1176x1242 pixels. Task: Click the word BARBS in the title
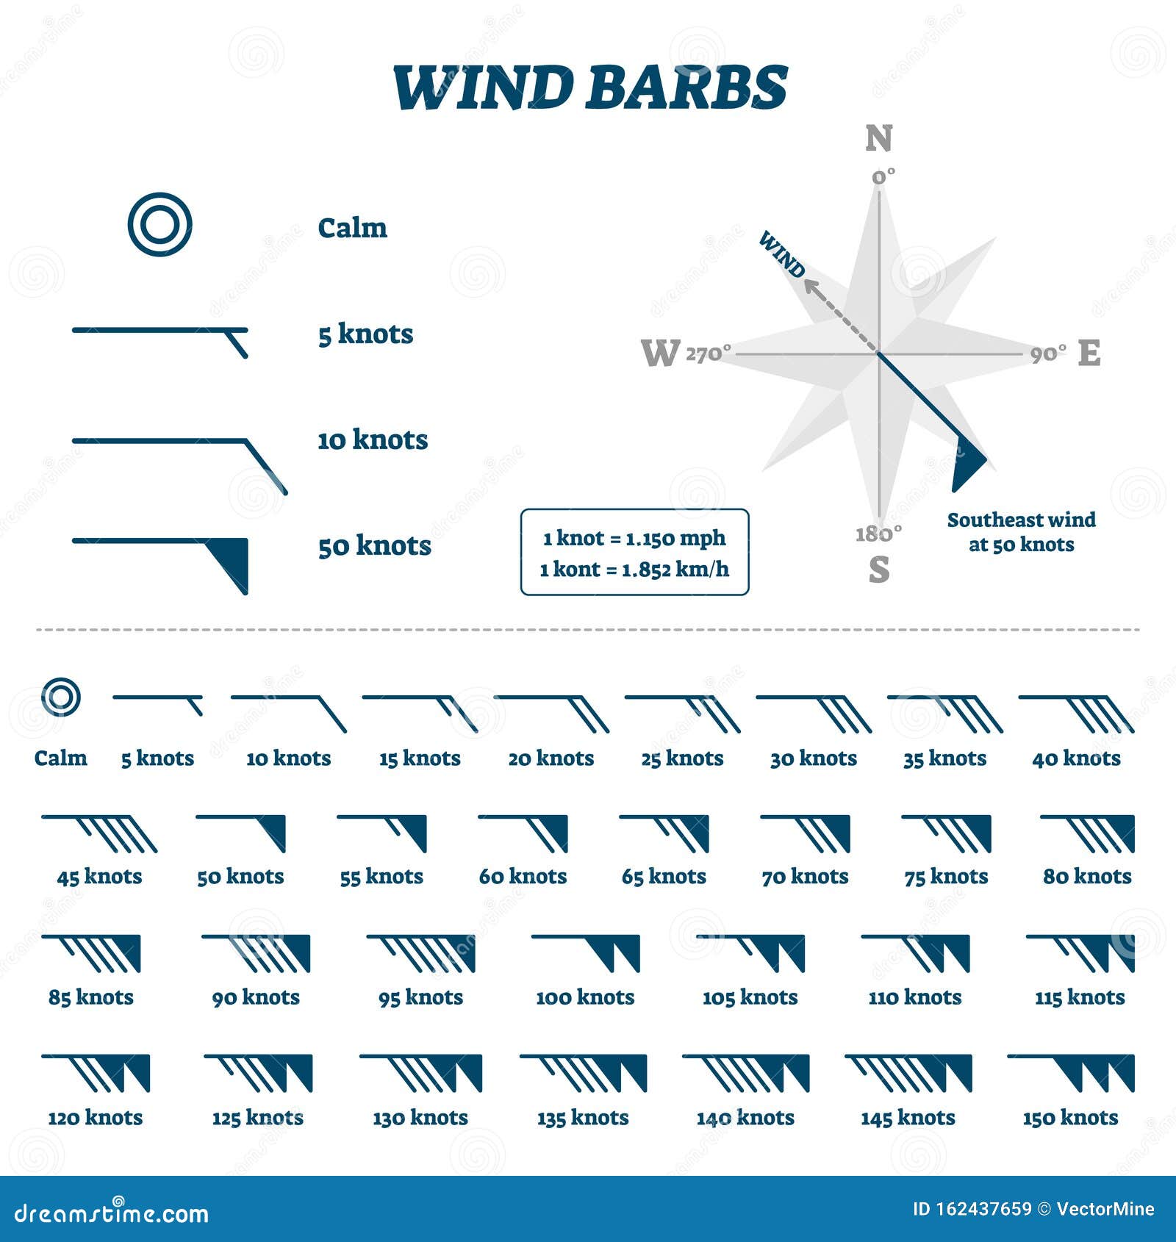[x=686, y=88]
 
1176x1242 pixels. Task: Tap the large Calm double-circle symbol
[x=159, y=224]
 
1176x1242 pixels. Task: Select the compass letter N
[x=879, y=139]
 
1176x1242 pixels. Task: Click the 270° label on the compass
[x=708, y=353]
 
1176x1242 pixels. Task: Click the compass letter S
[x=879, y=570]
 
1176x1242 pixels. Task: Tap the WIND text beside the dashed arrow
[x=782, y=254]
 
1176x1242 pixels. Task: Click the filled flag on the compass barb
[x=966, y=462]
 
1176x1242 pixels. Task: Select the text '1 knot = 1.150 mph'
[x=634, y=538]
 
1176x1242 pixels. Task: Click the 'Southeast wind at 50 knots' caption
[x=1021, y=532]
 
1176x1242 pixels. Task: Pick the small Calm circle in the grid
[x=60, y=697]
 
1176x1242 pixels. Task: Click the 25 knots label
[x=682, y=758]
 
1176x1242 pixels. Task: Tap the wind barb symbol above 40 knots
[x=1076, y=713]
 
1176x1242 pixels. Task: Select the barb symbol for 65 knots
[x=664, y=833]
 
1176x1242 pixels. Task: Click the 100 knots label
[x=585, y=997]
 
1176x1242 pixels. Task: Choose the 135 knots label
[x=583, y=1118]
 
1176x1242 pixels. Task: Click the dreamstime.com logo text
[x=112, y=1213]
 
